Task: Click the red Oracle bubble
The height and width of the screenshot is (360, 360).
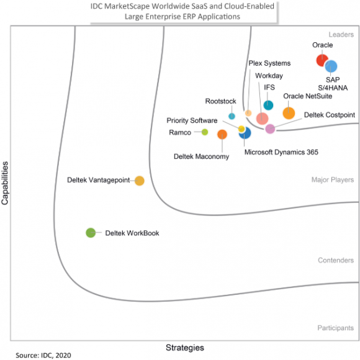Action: tap(322, 60)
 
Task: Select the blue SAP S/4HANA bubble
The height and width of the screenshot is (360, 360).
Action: tap(331, 66)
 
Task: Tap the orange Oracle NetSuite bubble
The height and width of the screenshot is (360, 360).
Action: tap(289, 113)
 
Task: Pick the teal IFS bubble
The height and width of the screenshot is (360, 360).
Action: tap(268, 106)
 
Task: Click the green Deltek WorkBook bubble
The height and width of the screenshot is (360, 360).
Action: tap(91, 233)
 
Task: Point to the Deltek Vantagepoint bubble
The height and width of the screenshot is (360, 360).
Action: tap(140, 181)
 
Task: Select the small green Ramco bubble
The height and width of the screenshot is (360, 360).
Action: tap(205, 132)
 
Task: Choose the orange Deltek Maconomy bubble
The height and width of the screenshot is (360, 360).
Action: tap(222, 134)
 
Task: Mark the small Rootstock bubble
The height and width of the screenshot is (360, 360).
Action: tap(232, 116)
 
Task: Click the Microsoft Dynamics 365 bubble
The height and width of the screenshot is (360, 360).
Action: tap(245, 133)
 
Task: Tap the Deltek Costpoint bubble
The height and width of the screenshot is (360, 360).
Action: tap(270, 128)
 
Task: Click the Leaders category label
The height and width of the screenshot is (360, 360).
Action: tap(341, 35)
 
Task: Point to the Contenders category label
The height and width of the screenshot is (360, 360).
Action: tap(336, 260)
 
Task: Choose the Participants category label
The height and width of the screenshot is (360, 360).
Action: tap(336, 327)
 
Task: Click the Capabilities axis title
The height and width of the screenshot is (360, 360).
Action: tap(6, 183)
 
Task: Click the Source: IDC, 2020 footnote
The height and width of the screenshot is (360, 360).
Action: tap(44, 355)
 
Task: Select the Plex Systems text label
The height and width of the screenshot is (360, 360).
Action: tap(269, 63)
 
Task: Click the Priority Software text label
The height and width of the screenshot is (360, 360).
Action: tap(192, 120)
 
